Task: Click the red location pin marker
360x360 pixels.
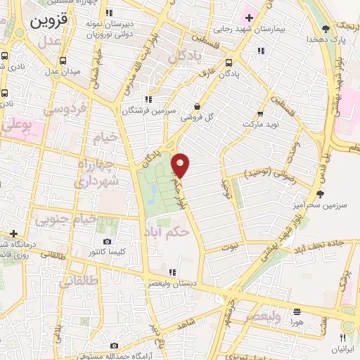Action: click(181, 165)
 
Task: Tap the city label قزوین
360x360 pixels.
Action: click(49, 20)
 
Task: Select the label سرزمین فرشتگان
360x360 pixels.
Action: click(147, 110)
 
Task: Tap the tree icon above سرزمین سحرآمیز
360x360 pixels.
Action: click(321, 193)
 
